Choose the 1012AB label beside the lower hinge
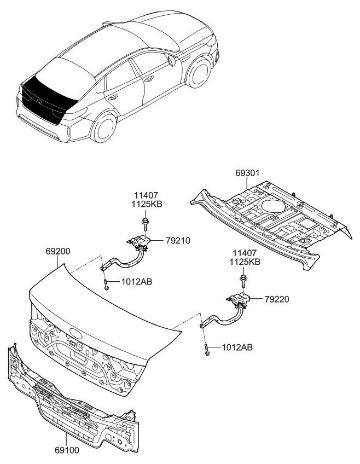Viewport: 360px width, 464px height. pyautogui.click(x=237, y=347)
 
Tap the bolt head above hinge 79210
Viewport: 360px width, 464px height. pyautogui.click(x=145, y=222)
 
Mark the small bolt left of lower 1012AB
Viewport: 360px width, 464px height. pyautogui.click(x=208, y=350)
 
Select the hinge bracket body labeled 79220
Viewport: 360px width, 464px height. pyautogui.click(x=239, y=300)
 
